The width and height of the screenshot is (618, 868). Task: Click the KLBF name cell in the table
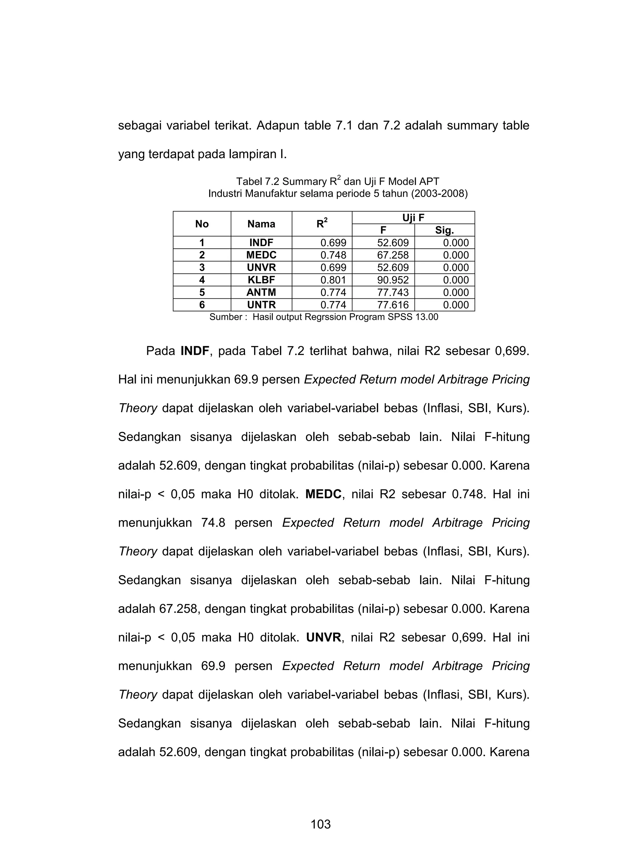click(x=261, y=280)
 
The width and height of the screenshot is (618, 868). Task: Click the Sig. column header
click(x=444, y=230)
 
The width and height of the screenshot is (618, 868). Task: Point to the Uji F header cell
click(x=413, y=218)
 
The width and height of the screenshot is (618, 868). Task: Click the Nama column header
click(x=261, y=224)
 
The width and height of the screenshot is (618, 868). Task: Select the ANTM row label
click(x=261, y=292)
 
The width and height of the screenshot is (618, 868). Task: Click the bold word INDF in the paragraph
click(x=195, y=351)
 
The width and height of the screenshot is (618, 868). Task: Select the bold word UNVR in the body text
click(x=323, y=637)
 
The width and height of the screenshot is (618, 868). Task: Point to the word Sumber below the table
click(x=226, y=317)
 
